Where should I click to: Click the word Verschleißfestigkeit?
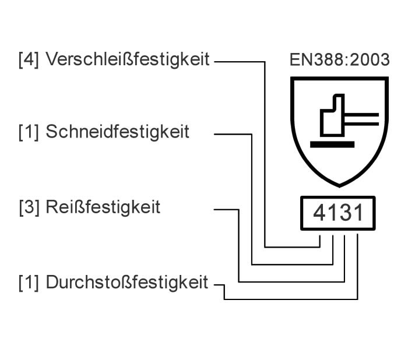click(x=127, y=59)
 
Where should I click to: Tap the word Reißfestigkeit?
click(x=103, y=207)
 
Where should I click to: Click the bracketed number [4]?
click(x=29, y=59)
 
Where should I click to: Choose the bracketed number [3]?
click(x=29, y=207)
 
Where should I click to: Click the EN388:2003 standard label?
click(x=339, y=61)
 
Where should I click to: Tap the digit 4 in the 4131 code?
click(x=320, y=213)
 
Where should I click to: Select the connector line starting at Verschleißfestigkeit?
click(x=266, y=151)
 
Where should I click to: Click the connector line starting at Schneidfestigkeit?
click(x=252, y=198)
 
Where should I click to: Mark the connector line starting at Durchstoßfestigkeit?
click(x=291, y=299)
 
